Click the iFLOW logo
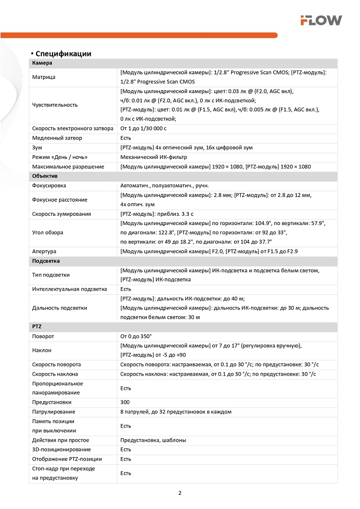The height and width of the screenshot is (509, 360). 321,20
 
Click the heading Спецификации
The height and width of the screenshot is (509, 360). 63,53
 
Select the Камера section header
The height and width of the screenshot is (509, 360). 42,63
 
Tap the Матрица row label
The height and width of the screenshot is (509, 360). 44,77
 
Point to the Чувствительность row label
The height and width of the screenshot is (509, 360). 55,105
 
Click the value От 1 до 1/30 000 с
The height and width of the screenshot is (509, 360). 143,128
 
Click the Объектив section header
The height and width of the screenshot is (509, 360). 45,176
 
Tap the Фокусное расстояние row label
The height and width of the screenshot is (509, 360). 60,200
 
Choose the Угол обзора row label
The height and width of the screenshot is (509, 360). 48,233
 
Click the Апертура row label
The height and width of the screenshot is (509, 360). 44,251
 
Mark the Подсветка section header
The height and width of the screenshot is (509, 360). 46,261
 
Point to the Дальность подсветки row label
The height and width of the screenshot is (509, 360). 60,308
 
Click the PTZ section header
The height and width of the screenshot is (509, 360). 37,327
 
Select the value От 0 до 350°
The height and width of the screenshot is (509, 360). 136,336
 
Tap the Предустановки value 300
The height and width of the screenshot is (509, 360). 125,402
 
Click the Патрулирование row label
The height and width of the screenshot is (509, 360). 53,412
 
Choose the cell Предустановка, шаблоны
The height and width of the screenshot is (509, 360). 153,440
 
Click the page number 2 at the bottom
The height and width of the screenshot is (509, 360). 180,493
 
